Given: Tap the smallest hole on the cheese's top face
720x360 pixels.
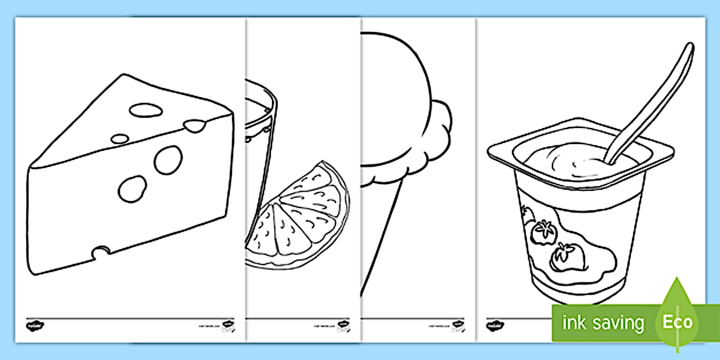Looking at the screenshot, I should [x=119, y=138].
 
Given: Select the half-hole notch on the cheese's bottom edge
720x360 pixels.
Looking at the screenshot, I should [x=102, y=251].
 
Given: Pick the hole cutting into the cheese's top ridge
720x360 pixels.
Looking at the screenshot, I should [x=195, y=125].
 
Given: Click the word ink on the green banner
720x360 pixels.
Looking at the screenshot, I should [x=573, y=323].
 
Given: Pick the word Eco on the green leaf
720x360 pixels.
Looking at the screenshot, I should [x=677, y=322].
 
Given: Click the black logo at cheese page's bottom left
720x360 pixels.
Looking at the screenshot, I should [x=33, y=326].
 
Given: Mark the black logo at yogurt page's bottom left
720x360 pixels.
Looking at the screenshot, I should [x=491, y=325].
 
